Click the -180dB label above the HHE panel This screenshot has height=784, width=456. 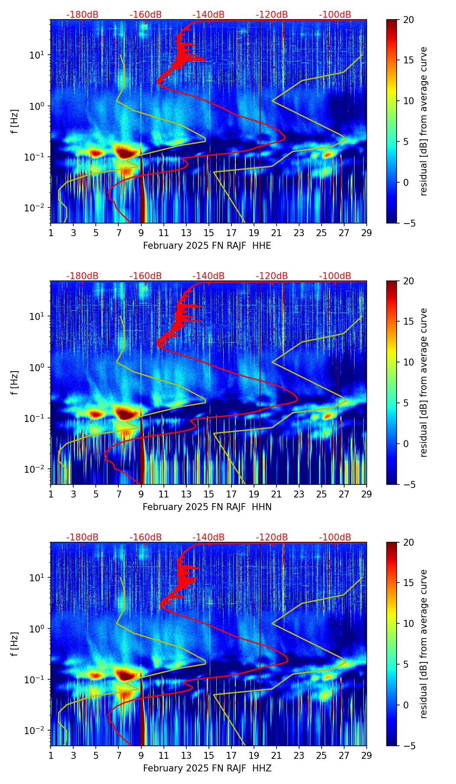[x=82, y=15]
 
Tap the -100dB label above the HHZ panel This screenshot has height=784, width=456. [x=335, y=537]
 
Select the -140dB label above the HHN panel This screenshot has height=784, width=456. [x=208, y=276]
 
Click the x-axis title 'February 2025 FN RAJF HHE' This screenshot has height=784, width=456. [x=207, y=246]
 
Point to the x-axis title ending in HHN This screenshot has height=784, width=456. [x=207, y=507]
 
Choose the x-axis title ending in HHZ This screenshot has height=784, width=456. [x=207, y=768]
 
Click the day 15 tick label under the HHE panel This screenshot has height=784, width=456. [x=208, y=233]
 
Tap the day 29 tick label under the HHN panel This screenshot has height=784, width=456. [x=366, y=494]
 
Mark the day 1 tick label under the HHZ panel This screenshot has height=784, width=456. [x=51, y=755]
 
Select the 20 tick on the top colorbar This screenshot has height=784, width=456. [x=408, y=20]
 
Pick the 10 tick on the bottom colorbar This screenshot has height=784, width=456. [x=408, y=623]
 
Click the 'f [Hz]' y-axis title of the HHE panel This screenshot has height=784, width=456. [x=15, y=121]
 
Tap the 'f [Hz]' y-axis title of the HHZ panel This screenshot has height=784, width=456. [x=15, y=644]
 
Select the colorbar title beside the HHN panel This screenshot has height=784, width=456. [x=424, y=382]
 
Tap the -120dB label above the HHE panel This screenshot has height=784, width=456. [x=272, y=15]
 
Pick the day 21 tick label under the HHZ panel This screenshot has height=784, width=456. [x=276, y=755]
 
